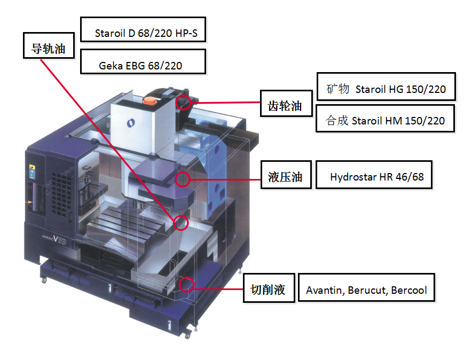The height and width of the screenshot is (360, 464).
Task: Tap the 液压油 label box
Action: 285,177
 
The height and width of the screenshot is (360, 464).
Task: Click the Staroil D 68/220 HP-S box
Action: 143,33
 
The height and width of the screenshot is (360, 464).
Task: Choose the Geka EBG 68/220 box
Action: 143,66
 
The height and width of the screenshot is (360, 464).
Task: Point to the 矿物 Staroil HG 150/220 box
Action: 386,89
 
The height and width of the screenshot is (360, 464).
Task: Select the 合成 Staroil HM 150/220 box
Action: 385,121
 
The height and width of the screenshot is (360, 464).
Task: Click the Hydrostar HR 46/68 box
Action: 374,177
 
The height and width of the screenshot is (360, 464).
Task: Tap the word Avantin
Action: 325,291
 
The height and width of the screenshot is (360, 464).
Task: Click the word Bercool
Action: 409,291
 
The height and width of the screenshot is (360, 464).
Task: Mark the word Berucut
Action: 368,291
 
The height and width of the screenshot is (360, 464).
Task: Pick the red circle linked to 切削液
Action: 186,284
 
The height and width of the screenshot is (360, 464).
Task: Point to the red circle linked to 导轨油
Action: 180,222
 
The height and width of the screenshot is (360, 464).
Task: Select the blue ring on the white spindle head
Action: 130,123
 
